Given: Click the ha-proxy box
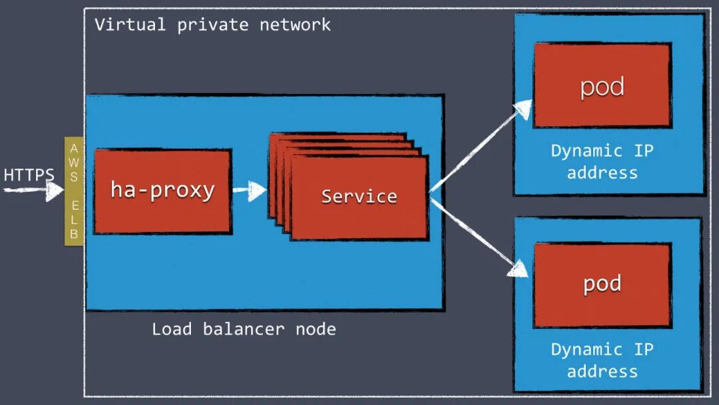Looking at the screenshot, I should [x=162, y=191].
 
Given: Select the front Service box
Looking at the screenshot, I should [x=359, y=197].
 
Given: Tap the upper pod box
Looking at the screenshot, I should [x=602, y=85].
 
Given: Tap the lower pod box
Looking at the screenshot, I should [x=602, y=284].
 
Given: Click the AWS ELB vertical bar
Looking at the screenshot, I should [x=74, y=191].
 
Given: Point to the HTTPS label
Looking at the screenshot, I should [x=29, y=175].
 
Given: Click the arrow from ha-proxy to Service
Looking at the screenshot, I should [x=250, y=192].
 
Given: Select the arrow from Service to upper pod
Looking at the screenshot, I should [x=481, y=147].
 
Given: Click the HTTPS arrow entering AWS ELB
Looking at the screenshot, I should [x=33, y=191].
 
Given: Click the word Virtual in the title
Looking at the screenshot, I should [x=130, y=25].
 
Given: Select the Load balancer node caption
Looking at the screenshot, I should [x=244, y=328].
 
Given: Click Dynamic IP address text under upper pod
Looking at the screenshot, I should [x=602, y=161].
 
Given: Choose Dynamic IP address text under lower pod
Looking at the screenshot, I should [x=602, y=360].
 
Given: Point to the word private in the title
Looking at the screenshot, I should [x=212, y=25].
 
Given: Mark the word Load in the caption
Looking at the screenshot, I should [x=172, y=328].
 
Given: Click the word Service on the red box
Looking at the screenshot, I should [x=359, y=197].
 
